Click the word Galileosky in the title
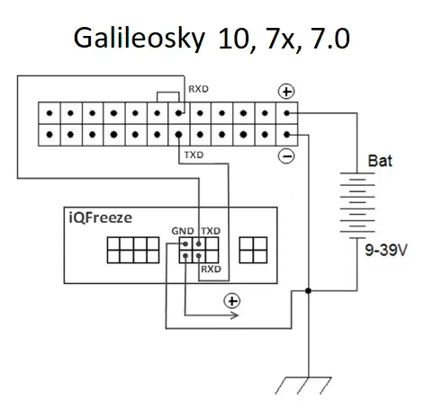(140, 39)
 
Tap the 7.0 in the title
(330, 38)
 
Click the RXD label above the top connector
(198, 89)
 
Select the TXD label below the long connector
(194, 155)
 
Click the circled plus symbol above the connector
(286, 92)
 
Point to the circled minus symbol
(286, 156)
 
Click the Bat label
(380, 161)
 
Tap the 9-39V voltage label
(386, 250)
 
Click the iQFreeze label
(101, 217)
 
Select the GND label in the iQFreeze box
(183, 231)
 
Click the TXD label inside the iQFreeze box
(211, 231)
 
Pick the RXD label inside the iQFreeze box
(211, 269)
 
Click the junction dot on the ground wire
(308, 290)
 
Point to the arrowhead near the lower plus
(235, 315)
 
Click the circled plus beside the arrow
(232, 301)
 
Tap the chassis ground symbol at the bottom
(303, 385)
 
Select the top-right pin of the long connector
(286, 113)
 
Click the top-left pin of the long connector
(50, 113)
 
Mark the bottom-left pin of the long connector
(50, 135)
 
